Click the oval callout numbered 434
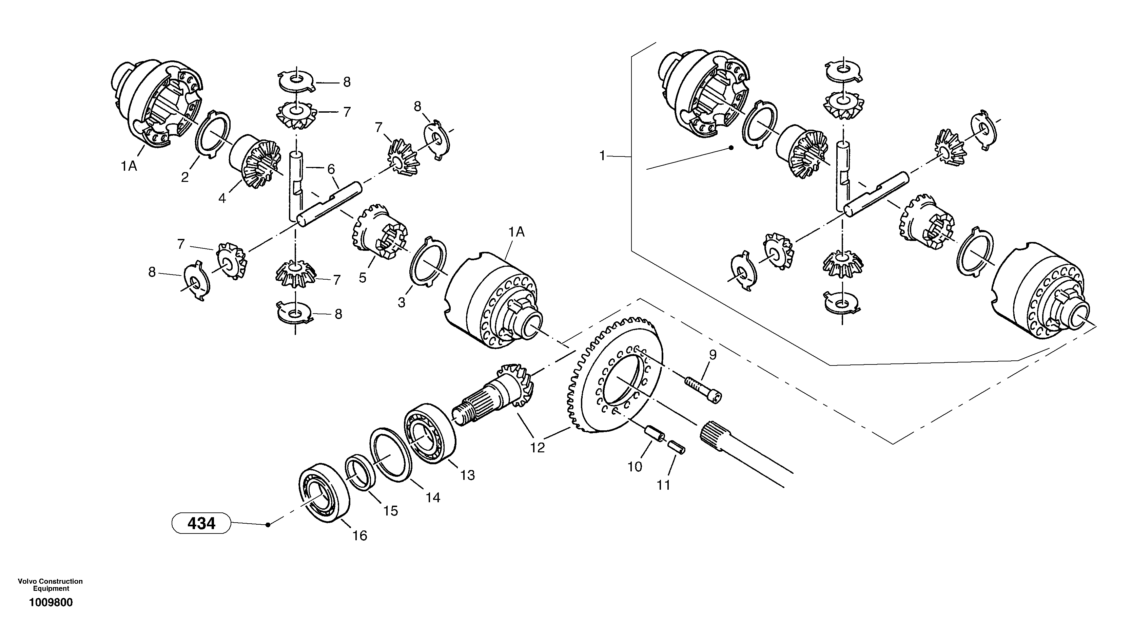[201, 523]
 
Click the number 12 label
[538, 448]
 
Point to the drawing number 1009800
[51, 602]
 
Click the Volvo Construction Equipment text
[50, 585]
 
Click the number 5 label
[362, 278]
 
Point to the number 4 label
[222, 199]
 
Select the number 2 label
[185, 177]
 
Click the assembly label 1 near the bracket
[602, 155]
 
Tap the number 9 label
[713, 355]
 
